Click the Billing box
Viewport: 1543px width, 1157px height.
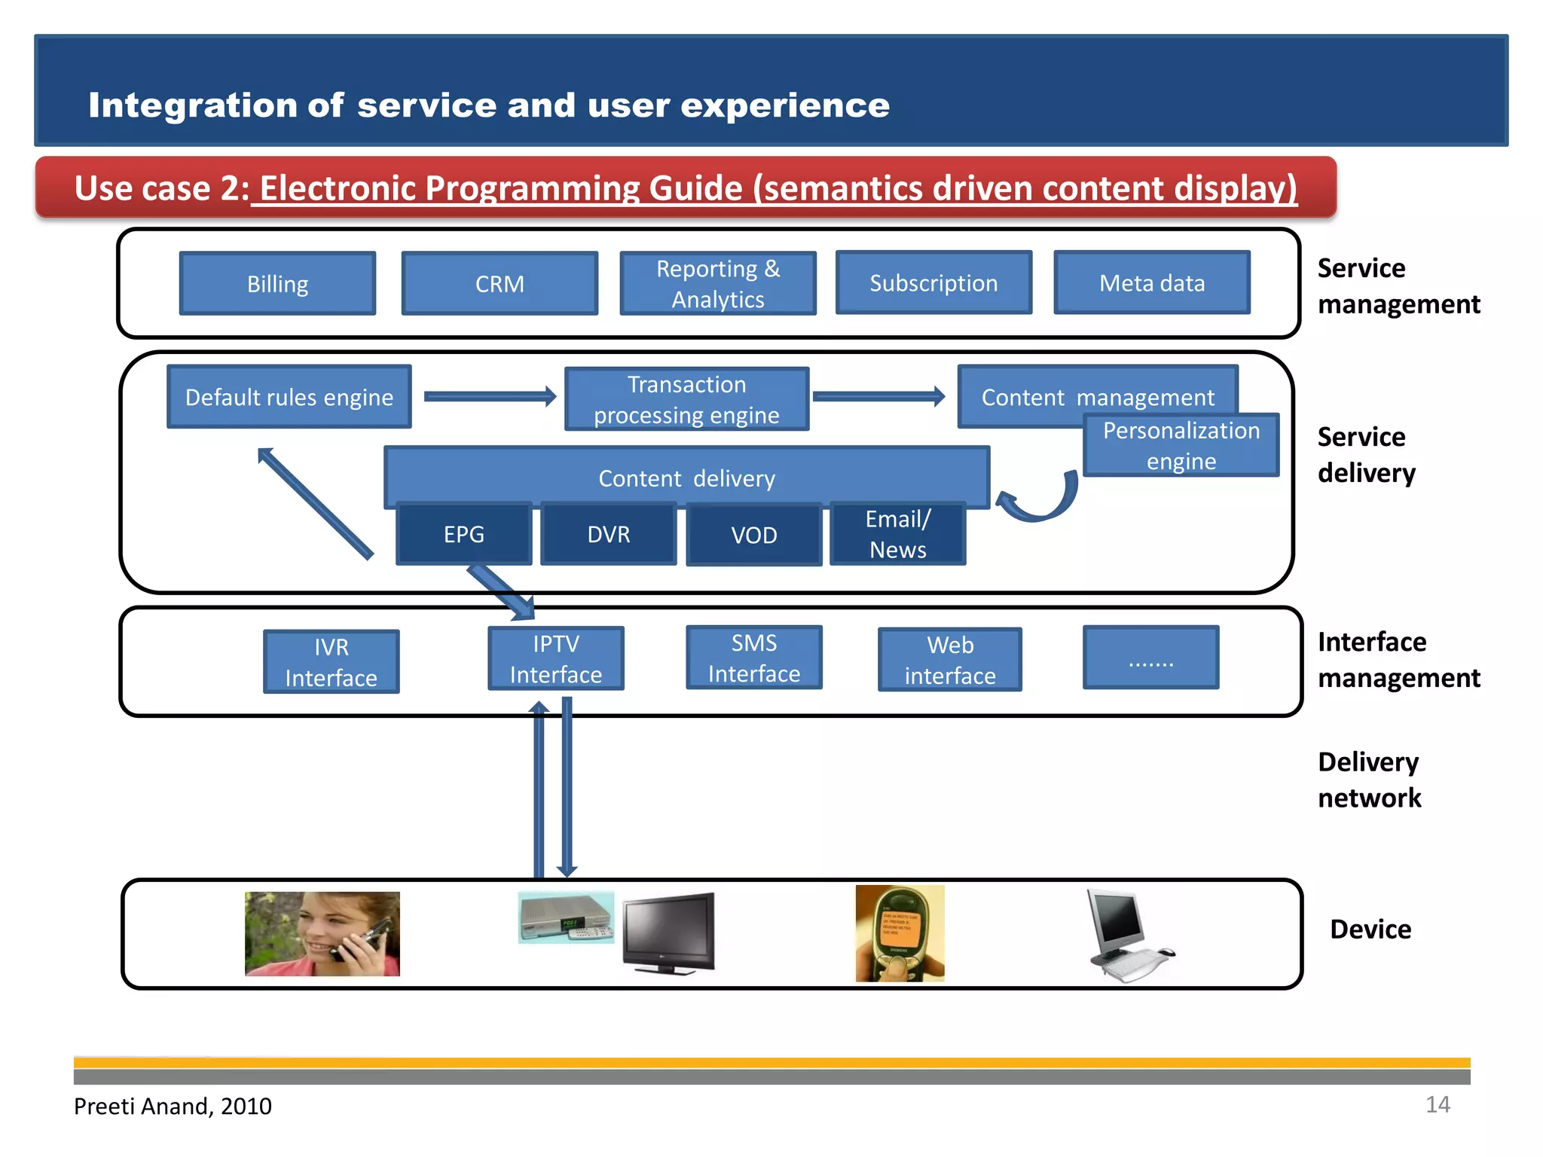(277, 284)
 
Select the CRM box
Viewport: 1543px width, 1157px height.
(500, 284)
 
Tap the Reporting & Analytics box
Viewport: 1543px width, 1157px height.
(717, 284)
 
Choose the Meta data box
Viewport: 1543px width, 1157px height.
(1151, 283)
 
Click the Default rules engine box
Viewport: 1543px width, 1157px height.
(289, 397)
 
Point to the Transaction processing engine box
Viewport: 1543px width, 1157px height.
(686, 399)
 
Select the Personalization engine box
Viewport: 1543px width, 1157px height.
(1181, 446)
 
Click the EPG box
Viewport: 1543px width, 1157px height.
(463, 534)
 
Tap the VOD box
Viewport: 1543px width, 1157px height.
(753, 535)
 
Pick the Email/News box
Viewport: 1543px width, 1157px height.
(897, 534)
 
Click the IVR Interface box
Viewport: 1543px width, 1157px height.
(331, 662)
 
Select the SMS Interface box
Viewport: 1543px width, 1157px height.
(753, 658)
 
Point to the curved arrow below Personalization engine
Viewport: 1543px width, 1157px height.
(1043, 501)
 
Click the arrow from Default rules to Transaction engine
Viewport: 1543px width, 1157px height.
(490, 396)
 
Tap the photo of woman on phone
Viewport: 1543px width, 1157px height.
(322, 934)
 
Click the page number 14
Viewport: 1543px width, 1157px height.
(1437, 1104)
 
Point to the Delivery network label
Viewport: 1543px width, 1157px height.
(1369, 780)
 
